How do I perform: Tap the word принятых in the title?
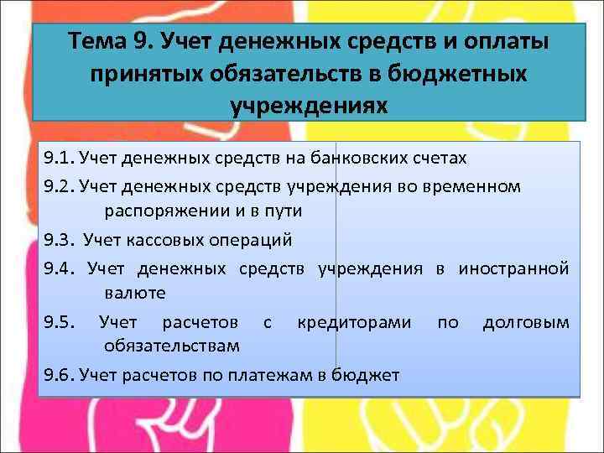(x=148, y=74)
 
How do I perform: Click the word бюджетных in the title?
(x=450, y=74)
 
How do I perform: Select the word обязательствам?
(x=173, y=346)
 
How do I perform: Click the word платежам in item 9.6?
(x=273, y=374)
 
